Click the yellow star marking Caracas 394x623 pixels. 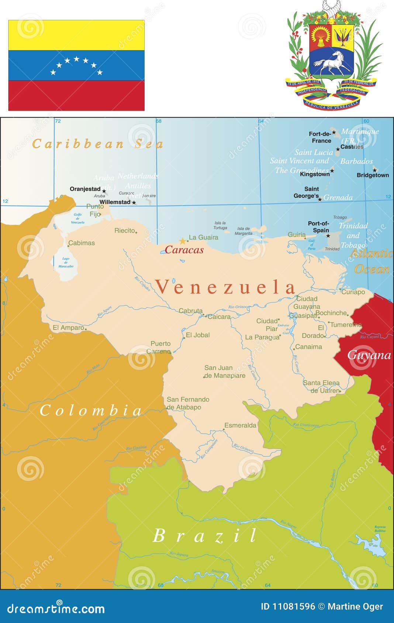pyautogui.click(x=183, y=241)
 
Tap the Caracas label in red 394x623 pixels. pyautogui.click(x=184, y=250)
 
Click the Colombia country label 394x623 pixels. pyautogui.click(x=91, y=410)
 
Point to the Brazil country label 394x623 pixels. pyautogui.click(x=205, y=536)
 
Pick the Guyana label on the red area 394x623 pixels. pyautogui.click(x=369, y=355)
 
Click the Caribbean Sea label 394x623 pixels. pyautogui.click(x=97, y=144)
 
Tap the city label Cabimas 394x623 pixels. pyautogui.click(x=82, y=243)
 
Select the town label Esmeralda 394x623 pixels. pyautogui.click(x=240, y=425)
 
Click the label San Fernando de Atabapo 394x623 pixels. pyautogui.click(x=188, y=403)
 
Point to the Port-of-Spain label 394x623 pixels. pyautogui.click(x=318, y=227)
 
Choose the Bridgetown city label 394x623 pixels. pyautogui.click(x=373, y=175)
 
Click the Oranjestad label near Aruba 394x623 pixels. pyautogui.click(x=85, y=189)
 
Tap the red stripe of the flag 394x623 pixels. pyautogui.click(x=76, y=95)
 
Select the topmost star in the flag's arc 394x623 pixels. pyautogui.click(x=76, y=59)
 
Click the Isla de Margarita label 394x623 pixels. pyautogui.click(x=243, y=231)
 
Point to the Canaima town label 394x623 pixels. pyautogui.click(x=309, y=347)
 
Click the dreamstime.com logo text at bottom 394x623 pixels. pyautogui.click(x=56, y=609)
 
